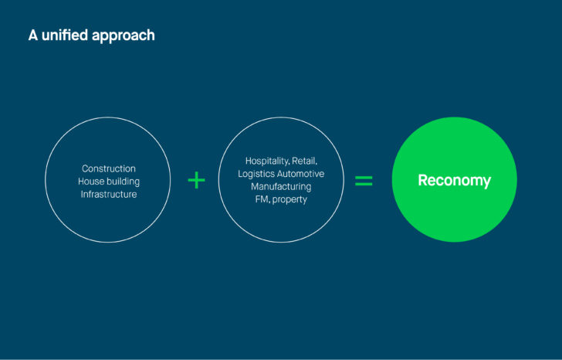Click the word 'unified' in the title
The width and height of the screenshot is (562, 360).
coord(65,35)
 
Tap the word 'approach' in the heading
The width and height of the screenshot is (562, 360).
coord(123,36)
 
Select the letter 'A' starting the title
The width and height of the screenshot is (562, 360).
coord(33,36)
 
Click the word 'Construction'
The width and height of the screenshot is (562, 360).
coord(109,168)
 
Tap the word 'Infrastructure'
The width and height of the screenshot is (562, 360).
coord(109,195)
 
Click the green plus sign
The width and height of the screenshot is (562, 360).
coord(196,180)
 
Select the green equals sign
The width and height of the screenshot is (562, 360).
coord(364,181)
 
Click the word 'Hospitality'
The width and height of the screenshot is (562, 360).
coord(267,161)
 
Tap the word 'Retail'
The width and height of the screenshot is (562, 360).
coord(304,161)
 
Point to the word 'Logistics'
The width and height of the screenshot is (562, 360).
coord(256,175)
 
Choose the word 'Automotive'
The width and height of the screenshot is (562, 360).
coord(301,174)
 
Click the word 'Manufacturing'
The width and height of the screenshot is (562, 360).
coord(281,187)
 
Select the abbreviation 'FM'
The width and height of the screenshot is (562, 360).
coord(262,199)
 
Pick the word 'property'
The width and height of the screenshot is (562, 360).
coord(289,200)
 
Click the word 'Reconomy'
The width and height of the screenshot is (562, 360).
coord(455,181)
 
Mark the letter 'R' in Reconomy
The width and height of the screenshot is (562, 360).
coord(423,180)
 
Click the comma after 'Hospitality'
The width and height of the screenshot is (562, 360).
coord(289,165)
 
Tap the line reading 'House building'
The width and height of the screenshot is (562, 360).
coord(109,182)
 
